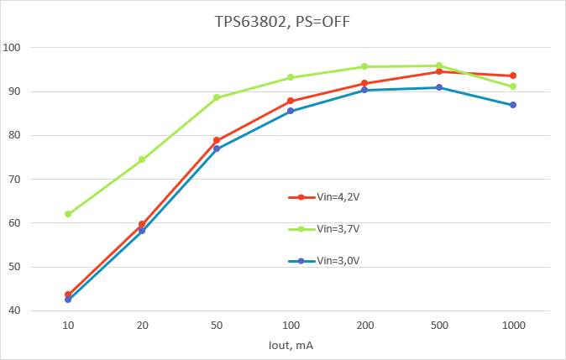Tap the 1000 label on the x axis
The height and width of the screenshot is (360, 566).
coord(512,325)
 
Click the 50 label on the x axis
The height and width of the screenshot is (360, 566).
coord(216,325)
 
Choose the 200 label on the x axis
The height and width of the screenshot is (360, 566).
coord(364,325)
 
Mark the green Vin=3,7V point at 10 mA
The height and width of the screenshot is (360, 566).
coord(68,214)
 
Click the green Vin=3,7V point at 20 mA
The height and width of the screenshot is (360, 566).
coord(142,159)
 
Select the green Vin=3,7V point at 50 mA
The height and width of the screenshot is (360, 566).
coord(216,97)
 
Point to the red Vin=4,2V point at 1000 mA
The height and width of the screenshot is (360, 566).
coord(512,76)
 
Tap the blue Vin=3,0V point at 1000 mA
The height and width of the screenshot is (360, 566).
coord(512,105)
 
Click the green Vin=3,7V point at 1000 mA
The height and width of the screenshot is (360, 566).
coord(512,86)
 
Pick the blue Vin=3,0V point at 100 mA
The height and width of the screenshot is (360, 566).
coord(291,111)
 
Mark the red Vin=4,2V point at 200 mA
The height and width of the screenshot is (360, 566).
coord(364,83)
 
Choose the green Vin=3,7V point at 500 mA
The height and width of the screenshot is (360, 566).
coord(438,65)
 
